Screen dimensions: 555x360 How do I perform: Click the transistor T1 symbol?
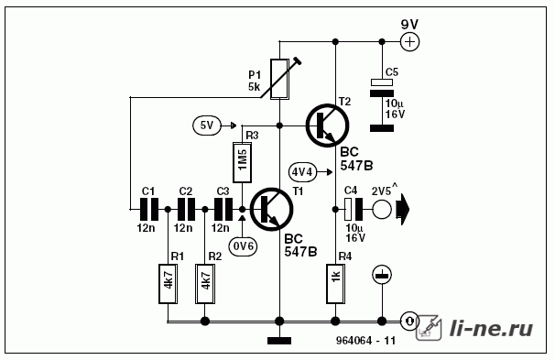click(272, 209)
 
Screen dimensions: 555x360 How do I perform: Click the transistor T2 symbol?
click(327, 125)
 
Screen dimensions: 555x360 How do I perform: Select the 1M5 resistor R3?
click(242, 162)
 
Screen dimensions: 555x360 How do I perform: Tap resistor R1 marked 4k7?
click(169, 284)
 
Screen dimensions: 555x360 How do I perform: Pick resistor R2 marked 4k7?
click(205, 284)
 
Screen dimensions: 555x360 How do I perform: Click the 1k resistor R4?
click(335, 284)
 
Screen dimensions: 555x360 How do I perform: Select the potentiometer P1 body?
click(279, 80)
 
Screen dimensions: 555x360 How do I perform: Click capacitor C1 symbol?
click(149, 209)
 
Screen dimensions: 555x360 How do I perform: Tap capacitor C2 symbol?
click(186, 209)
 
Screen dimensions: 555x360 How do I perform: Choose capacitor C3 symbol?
click(223, 209)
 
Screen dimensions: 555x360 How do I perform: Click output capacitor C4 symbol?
click(354, 209)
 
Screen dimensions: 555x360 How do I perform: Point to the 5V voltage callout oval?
click(207, 125)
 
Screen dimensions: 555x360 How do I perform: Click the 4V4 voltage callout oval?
click(302, 172)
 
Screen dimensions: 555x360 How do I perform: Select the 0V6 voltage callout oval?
click(244, 246)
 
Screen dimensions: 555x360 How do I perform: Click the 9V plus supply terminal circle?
click(410, 42)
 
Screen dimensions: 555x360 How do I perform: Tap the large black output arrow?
click(402, 209)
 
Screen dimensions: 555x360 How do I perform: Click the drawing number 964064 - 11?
click(365, 341)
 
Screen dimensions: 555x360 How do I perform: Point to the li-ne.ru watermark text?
click(491, 328)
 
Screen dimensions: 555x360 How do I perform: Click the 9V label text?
click(409, 25)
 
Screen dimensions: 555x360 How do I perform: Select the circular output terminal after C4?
click(382, 209)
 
